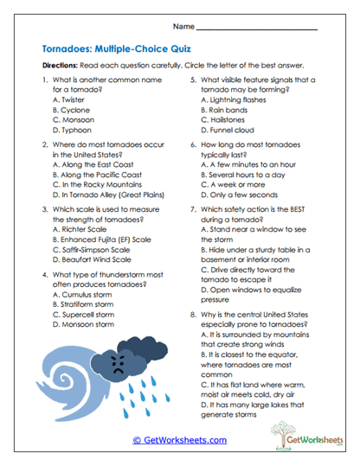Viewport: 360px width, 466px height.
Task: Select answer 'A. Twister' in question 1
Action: (68, 99)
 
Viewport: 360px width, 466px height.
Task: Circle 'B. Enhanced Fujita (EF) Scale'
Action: (101, 239)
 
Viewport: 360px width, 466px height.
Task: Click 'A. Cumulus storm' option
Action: (83, 295)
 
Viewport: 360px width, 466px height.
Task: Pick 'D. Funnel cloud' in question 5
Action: (229, 130)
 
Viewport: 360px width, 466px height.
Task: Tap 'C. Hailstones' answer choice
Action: (223, 119)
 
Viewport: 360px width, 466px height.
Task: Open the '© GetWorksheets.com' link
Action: (179, 440)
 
